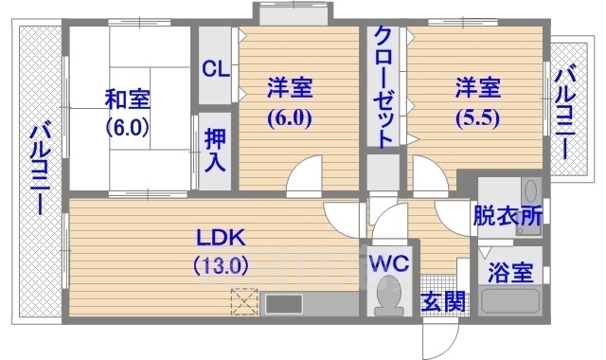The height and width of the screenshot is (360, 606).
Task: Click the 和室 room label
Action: tap(129, 98)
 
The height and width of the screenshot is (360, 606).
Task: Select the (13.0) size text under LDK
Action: tap(220, 265)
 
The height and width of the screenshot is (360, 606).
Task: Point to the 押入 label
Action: tap(215, 148)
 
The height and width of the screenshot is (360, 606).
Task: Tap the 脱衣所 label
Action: tap(508, 215)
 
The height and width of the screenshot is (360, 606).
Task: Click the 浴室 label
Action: tap(509, 271)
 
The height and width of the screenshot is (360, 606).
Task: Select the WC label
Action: tap(389, 262)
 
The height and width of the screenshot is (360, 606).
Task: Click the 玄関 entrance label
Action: tap(443, 303)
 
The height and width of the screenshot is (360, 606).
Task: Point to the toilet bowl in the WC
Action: tap(388, 297)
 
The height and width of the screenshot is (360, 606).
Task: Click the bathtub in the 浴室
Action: tap(510, 303)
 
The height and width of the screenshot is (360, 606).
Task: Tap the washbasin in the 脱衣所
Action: tap(529, 189)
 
